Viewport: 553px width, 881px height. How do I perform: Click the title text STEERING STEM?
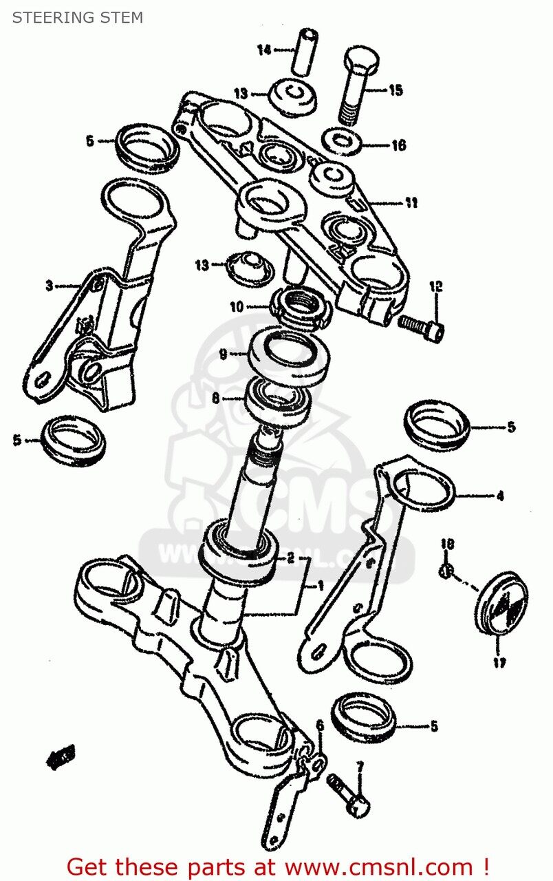pyautogui.click(x=77, y=18)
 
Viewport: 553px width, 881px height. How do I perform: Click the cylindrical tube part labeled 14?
pyautogui.click(x=305, y=51)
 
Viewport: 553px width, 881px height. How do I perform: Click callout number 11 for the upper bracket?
pyautogui.click(x=411, y=203)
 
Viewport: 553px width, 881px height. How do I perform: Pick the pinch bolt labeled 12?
pyautogui.click(x=422, y=326)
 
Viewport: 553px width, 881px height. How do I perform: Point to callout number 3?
pyautogui.click(x=49, y=286)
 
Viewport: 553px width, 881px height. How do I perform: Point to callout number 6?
pyautogui.click(x=319, y=725)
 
